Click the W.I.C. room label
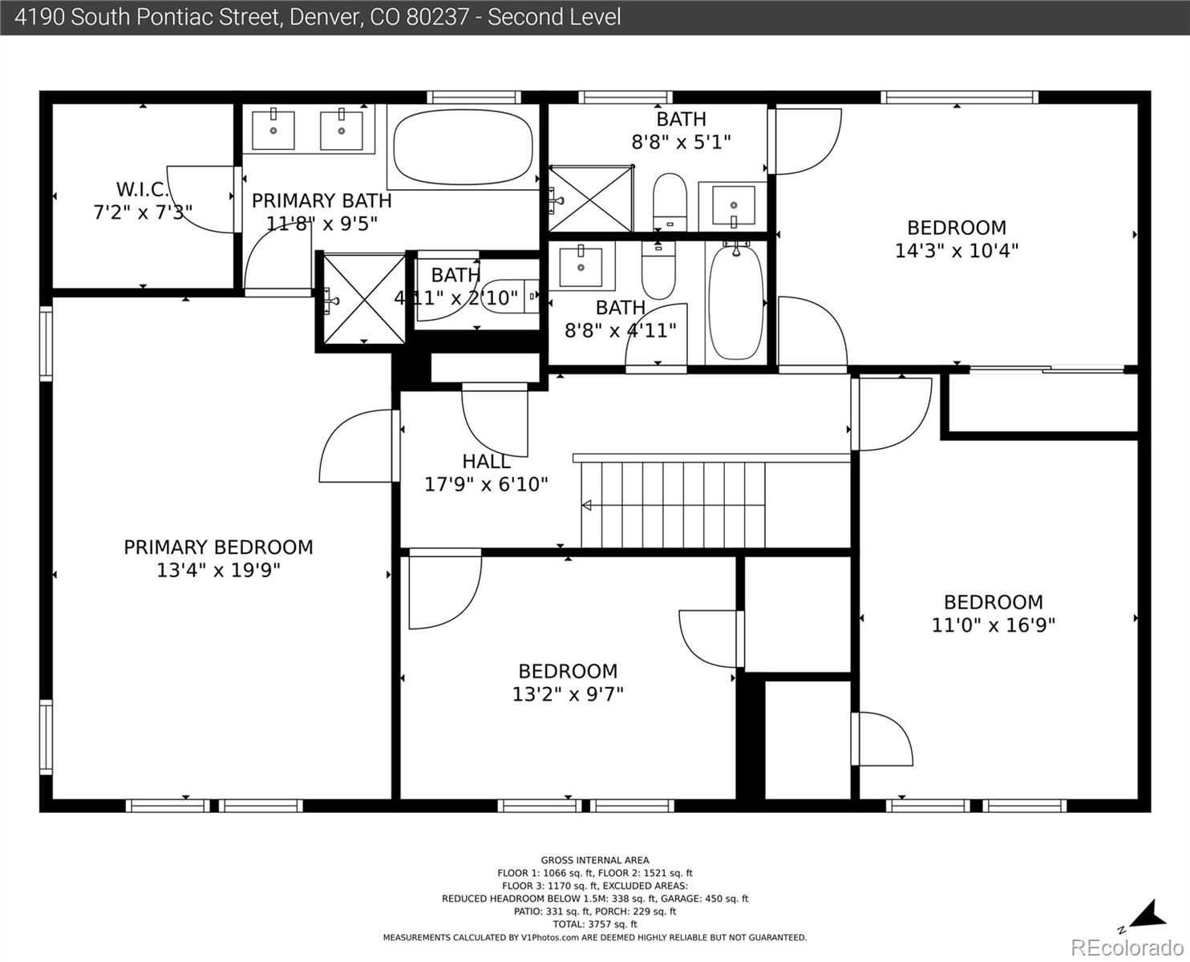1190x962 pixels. click(142, 189)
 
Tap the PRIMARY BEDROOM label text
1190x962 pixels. click(218, 548)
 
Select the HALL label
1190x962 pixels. click(486, 462)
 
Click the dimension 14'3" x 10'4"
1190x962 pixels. click(957, 251)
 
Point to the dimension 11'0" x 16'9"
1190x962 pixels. click(993, 624)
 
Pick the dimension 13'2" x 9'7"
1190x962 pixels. click(568, 694)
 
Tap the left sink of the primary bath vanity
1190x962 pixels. click(273, 131)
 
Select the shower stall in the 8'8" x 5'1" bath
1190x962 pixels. click(591, 198)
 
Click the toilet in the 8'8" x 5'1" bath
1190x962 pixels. click(670, 201)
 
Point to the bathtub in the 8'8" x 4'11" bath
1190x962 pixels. click(736, 302)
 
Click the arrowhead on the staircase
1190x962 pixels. click(587, 505)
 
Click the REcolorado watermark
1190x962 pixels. click(1127, 948)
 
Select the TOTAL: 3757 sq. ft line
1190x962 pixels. click(595, 924)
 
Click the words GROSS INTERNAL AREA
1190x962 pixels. click(595, 860)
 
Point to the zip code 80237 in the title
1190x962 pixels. click(438, 18)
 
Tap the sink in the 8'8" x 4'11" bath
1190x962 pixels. click(581, 267)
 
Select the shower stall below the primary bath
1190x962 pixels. click(364, 299)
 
